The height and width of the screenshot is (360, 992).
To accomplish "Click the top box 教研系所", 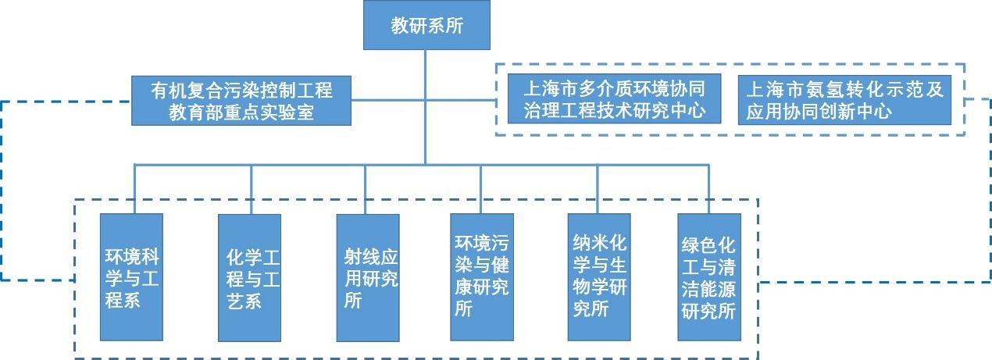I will (426, 26).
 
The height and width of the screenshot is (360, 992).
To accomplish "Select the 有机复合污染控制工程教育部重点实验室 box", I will (241, 101).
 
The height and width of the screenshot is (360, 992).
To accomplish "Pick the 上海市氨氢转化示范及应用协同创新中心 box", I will (844, 99).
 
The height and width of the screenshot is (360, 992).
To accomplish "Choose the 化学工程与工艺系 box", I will (250, 277).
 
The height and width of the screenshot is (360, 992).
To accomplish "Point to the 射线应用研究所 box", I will (367, 277).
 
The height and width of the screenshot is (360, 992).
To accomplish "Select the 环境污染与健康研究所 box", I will (482, 276).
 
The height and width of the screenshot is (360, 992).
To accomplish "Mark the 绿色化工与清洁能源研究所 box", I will (709, 278).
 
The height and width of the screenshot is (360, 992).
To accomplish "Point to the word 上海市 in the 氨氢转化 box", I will (775, 89).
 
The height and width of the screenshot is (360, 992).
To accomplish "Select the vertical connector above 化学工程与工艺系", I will (251, 188).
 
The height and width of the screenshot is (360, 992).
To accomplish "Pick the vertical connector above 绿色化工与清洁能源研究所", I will (709, 188).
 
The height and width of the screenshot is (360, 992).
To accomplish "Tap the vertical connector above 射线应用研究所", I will (367, 188).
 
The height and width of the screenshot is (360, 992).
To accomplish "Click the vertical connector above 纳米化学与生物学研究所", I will (598, 188).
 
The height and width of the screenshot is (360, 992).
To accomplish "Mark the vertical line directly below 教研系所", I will (426, 62).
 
